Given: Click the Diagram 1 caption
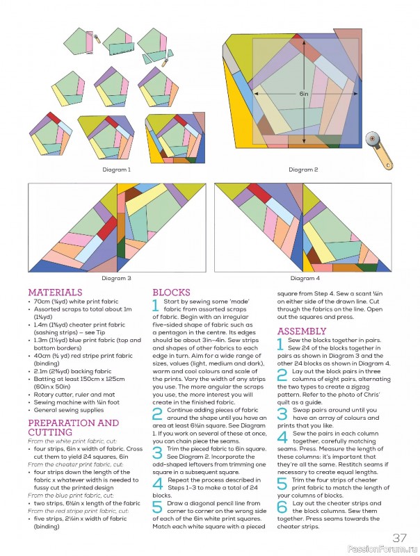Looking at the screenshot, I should [x=116, y=170].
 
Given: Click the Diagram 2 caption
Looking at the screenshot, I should [x=303, y=170].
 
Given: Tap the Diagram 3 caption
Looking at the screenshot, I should [x=116, y=278].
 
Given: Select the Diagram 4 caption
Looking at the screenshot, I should [x=303, y=278].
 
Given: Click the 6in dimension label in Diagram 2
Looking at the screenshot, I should [x=303, y=92].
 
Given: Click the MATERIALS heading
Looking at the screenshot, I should [x=55, y=293].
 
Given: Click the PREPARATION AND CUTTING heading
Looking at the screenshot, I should [x=73, y=427].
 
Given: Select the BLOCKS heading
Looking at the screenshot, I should [x=171, y=293].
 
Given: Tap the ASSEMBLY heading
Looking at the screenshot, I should [x=302, y=332].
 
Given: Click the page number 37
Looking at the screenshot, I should [x=399, y=537].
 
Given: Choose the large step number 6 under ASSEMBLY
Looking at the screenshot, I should [x=282, y=506].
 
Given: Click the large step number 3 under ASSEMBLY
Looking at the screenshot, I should [x=282, y=414].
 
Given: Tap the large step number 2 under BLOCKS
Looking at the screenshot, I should [x=158, y=414].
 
